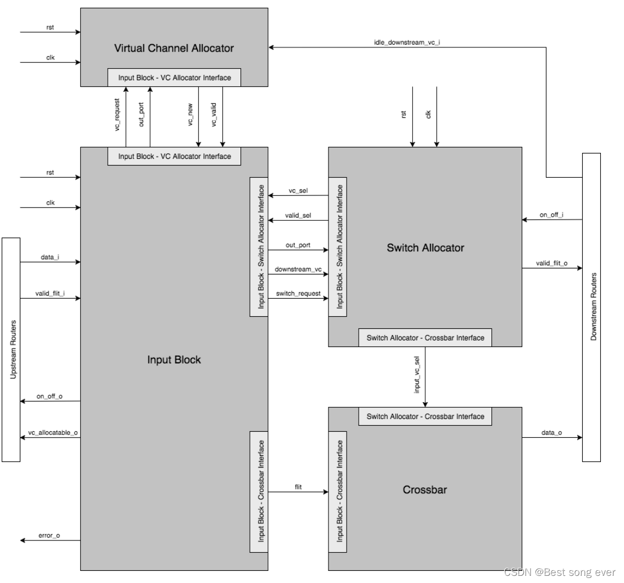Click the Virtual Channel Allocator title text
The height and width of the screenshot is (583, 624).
[x=174, y=48]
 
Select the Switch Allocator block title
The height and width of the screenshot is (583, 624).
[x=425, y=248]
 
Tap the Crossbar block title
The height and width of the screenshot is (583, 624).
[x=425, y=489]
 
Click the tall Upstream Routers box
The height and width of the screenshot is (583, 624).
[x=11, y=349]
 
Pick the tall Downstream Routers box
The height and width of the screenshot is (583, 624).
[x=592, y=307]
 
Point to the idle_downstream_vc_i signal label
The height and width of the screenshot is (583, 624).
[x=407, y=42]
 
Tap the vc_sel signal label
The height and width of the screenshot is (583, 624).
[x=298, y=190]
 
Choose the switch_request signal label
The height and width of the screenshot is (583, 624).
[x=298, y=294]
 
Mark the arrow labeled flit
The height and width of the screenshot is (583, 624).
[x=298, y=492]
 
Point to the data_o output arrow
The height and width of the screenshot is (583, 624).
[x=552, y=438]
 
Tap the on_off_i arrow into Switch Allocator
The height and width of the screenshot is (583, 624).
[x=552, y=220]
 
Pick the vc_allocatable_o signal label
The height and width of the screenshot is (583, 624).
[x=53, y=433]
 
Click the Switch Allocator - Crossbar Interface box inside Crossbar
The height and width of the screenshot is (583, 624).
[x=425, y=416]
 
